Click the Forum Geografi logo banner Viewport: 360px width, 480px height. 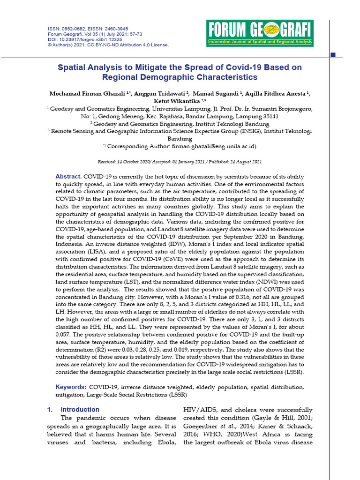tap(260, 33)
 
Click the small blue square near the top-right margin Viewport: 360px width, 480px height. tap(333, 55)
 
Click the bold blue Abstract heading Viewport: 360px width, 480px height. tap(68, 176)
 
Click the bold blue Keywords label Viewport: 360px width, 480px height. tap(71, 387)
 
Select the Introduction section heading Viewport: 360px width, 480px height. tap(80, 409)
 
